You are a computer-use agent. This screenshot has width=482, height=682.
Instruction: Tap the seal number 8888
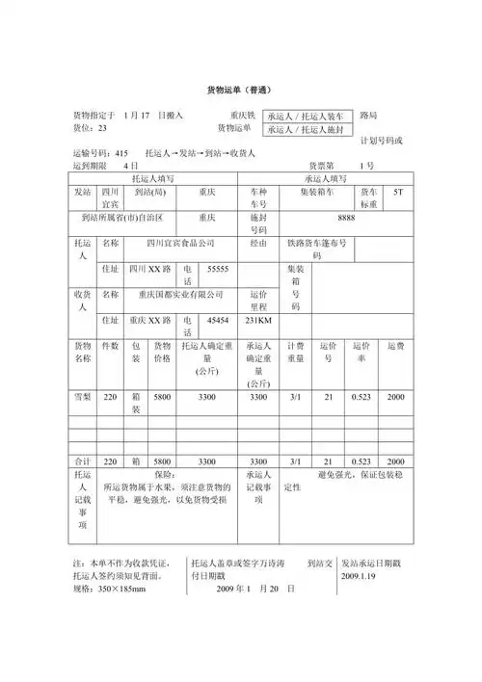[347, 218]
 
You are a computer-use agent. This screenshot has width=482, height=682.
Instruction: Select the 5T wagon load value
[399, 192]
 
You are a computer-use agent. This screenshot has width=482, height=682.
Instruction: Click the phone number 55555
[219, 269]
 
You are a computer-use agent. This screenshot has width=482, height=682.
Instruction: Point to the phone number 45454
[219, 320]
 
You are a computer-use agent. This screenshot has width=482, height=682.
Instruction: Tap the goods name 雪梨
[83, 397]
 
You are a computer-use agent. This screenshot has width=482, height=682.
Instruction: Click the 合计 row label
[83, 460]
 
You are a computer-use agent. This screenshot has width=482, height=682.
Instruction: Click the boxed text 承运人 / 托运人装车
[309, 115]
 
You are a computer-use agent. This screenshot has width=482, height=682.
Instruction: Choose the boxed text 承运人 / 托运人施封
[309, 128]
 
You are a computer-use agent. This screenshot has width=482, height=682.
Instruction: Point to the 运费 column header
[396, 345]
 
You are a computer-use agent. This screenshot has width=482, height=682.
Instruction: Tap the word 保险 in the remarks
[165, 475]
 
